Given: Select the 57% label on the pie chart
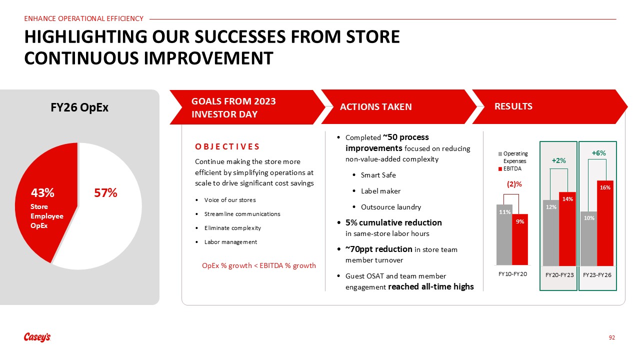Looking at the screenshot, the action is (105, 193).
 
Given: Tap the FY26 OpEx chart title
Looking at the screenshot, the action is (79, 107).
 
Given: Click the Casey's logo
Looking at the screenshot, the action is (37, 337).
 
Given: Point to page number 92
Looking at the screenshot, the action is (611, 337).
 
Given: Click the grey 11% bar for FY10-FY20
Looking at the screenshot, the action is (504, 234).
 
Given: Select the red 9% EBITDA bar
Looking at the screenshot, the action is (520, 239).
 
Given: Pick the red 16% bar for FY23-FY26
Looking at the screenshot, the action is (605, 223).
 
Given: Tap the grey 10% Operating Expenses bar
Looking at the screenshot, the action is (589, 238).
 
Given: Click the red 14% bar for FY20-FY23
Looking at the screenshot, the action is (567, 229).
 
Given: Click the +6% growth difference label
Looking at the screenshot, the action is (598, 153).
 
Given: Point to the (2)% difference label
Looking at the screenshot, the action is (514, 184).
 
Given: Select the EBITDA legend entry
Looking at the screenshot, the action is (510, 168).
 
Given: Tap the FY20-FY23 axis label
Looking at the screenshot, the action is (559, 275).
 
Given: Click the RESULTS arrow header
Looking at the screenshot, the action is (549, 106).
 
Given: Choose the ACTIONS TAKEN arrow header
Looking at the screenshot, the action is (399, 106).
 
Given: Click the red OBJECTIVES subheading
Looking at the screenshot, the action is (227, 146).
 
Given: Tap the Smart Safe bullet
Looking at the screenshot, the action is (378, 175).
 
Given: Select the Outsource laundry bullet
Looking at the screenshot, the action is (390, 207).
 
